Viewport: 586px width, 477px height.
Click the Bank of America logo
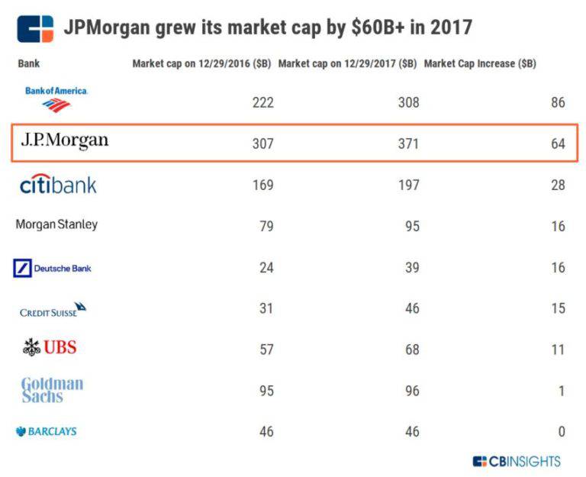pyautogui.click(x=56, y=98)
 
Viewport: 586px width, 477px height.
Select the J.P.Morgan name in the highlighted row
pyautogui.click(x=64, y=141)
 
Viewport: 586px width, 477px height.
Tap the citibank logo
pyautogui.click(x=58, y=185)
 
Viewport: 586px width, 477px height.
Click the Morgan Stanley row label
pyautogui.click(x=56, y=225)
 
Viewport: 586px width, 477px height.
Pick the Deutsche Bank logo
pyautogui.click(x=53, y=268)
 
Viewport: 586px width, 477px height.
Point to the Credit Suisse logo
pyautogui.click(x=53, y=310)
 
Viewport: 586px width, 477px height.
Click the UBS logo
pyautogui.click(x=50, y=348)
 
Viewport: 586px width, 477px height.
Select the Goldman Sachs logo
pyautogui.click(x=52, y=390)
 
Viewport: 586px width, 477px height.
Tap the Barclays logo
pyautogui.click(x=47, y=431)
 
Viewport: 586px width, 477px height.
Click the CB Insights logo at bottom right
pyautogui.click(x=517, y=461)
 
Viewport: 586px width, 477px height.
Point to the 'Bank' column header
pyautogui.click(x=28, y=64)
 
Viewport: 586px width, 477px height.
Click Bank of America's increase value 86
pyautogui.click(x=557, y=102)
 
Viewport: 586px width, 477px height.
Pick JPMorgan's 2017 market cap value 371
pyautogui.click(x=408, y=143)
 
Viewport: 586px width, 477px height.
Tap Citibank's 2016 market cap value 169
pyautogui.click(x=262, y=185)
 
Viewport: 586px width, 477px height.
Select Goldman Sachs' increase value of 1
pyautogui.click(x=561, y=391)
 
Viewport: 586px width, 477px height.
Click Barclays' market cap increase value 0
pyautogui.click(x=561, y=432)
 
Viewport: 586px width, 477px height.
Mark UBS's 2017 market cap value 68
pyautogui.click(x=411, y=350)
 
